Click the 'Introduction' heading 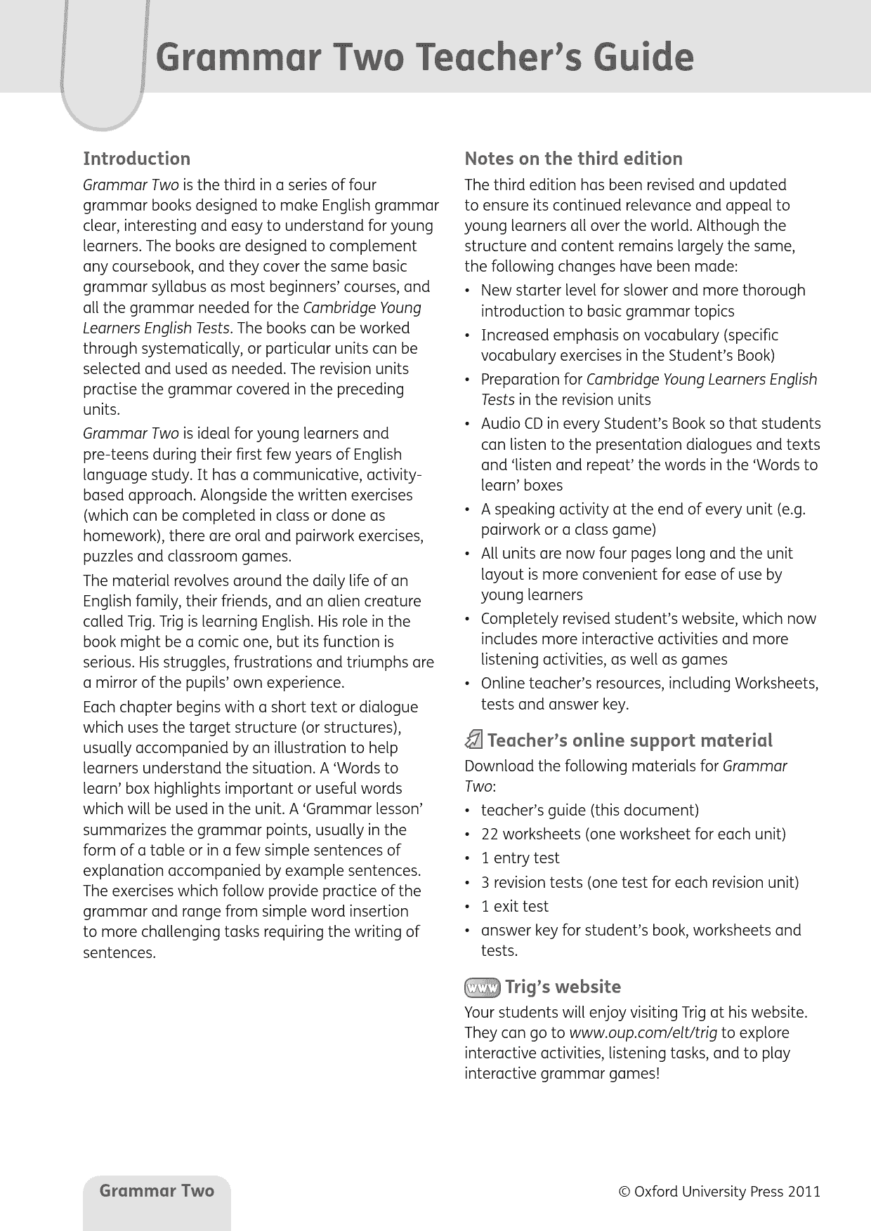point(137,159)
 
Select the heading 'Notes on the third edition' point(573,159)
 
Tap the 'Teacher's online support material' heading point(629,740)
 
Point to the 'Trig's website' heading point(563,987)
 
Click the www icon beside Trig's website point(481,987)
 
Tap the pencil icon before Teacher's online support point(474,740)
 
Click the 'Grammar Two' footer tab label point(157,1190)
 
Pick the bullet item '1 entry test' point(520,858)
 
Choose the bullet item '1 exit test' point(515,906)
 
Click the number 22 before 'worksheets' point(490,834)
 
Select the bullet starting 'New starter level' point(643,291)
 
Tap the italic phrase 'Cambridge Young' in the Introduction point(362,307)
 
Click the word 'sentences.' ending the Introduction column point(119,953)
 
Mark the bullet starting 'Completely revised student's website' point(648,619)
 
